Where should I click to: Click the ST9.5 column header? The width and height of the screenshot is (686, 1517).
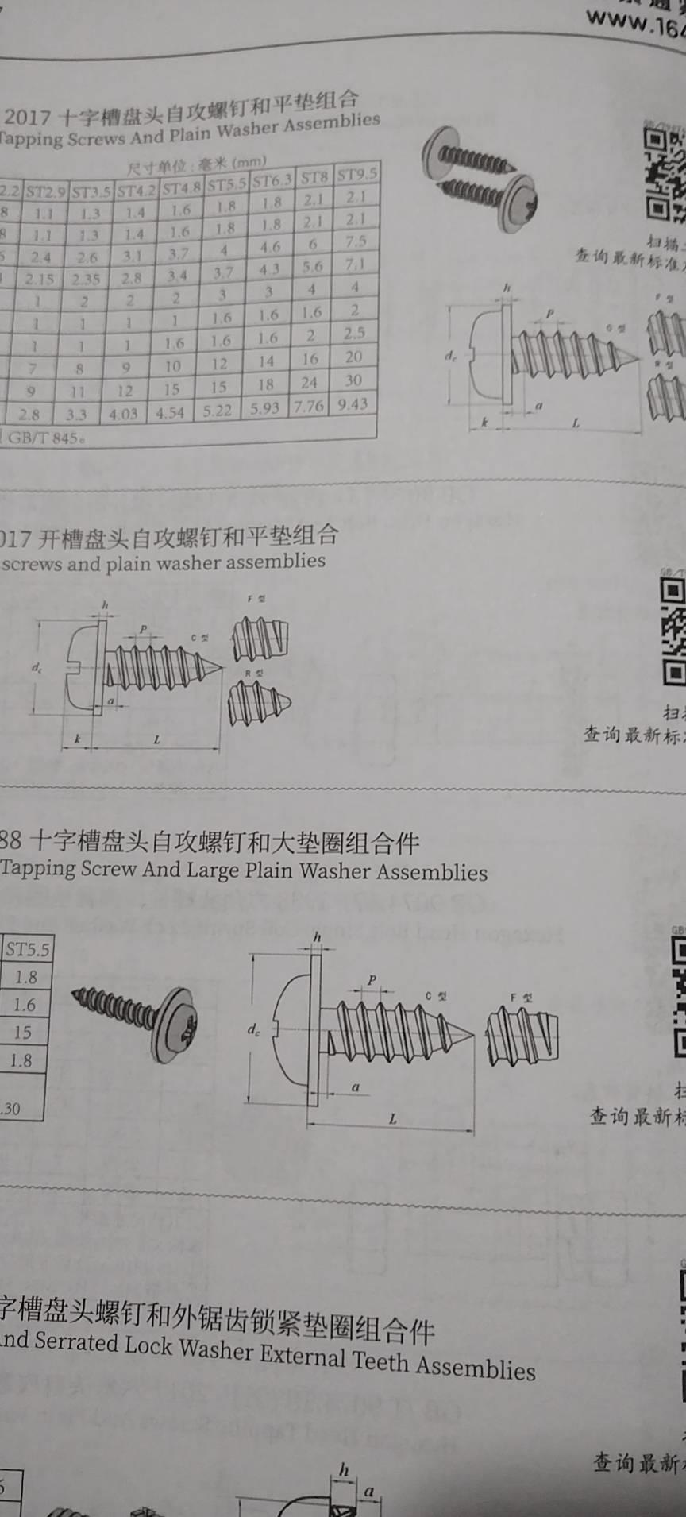[x=356, y=174]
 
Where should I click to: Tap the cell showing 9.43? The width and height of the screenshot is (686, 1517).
[x=353, y=404]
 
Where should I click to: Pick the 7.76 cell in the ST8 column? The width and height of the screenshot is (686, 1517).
[x=309, y=406]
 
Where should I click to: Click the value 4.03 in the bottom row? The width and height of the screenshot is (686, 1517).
[x=123, y=414]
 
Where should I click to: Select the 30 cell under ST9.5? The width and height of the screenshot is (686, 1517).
[x=353, y=380]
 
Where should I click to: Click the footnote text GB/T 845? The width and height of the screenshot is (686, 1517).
[x=44, y=438]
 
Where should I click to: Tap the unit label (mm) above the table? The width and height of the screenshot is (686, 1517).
[x=249, y=162]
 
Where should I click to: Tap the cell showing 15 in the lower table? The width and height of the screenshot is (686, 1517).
[x=22, y=1033]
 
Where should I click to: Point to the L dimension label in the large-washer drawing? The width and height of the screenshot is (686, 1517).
[x=392, y=1119]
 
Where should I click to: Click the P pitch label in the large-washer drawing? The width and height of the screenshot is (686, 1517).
[x=372, y=980]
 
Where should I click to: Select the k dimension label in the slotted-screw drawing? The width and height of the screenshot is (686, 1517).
[x=77, y=739]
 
